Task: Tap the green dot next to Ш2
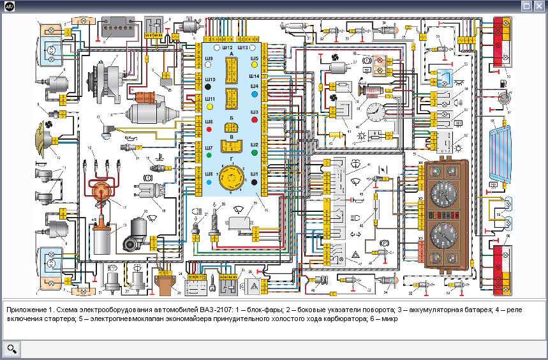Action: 255,153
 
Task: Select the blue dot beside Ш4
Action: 255,94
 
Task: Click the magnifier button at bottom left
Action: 12,349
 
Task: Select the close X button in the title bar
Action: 539,6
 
